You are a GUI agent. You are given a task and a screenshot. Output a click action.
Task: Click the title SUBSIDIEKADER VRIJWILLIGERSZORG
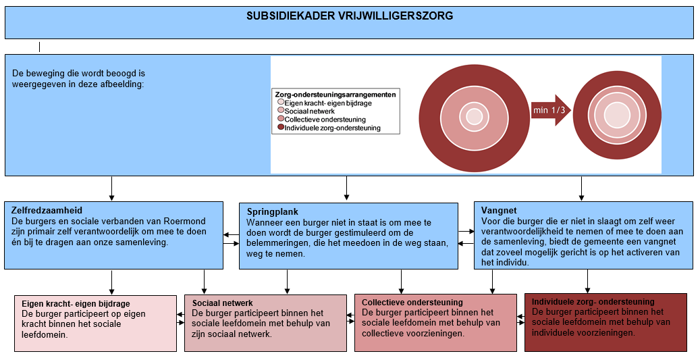click(x=350, y=16)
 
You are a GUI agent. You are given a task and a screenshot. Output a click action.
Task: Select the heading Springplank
click(x=271, y=211)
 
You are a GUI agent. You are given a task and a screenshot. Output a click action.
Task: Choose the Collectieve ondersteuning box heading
click(x=412, y=303)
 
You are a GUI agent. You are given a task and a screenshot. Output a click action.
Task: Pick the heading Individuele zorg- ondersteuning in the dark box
click(x=593, y=302)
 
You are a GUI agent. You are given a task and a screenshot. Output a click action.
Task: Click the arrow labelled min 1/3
click(x=549, y=111)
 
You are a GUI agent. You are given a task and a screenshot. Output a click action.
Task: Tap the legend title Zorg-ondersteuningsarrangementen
click(x=335, y=95)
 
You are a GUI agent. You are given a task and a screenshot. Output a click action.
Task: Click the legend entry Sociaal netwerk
click(x=306, y=111)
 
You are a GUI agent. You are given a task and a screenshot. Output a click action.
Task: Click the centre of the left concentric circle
click(x=475, y=116)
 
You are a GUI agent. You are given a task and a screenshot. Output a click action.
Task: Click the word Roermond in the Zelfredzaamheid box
click(x=183, y=221)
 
